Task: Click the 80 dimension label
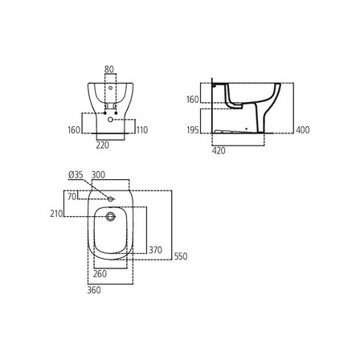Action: pyautogui.click(x=109, y=69)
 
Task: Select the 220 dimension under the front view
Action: pyautogui.click(x=103, y=145)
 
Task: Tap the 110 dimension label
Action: pyautogui.click(x=142, y=130)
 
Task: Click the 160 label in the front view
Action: pyautogui.click(x=74, y=130)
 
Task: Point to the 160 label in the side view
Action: pyautogui.click(x=193, y=100)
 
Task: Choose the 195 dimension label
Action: pyautogui.click(x=193, y=130)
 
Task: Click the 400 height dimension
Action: pyautogui.click(x=303, y=130)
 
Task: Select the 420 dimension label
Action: pyautogui.click(x=219, y=151)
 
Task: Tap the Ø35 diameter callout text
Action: pyautogui.click(x=76, y=175)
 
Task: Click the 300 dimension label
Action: pyautogui.click(x=98, y=175)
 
